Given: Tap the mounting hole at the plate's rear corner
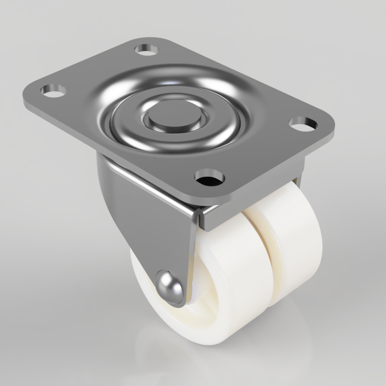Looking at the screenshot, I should tap(147, 49).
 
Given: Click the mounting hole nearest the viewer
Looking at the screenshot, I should tap(210, 177).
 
